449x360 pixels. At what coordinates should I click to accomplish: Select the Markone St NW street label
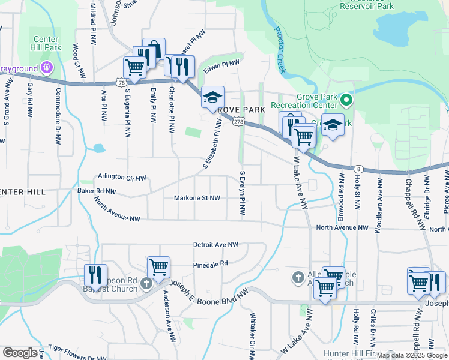[197, 198]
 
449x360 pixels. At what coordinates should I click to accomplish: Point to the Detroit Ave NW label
[215, 245]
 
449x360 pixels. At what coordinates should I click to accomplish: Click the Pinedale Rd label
[211, 263]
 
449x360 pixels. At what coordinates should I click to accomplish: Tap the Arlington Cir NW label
[122, 178]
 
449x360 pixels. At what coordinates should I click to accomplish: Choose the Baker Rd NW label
[97, 191]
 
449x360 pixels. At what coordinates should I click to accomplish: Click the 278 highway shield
[239, 122]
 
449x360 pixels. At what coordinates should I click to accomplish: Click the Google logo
[20, 353]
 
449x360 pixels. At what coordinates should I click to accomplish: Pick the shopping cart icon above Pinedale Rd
[159, 267]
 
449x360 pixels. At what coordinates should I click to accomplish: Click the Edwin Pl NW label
[221, 67]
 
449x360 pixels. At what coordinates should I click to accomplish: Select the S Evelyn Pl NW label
[243, 194]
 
